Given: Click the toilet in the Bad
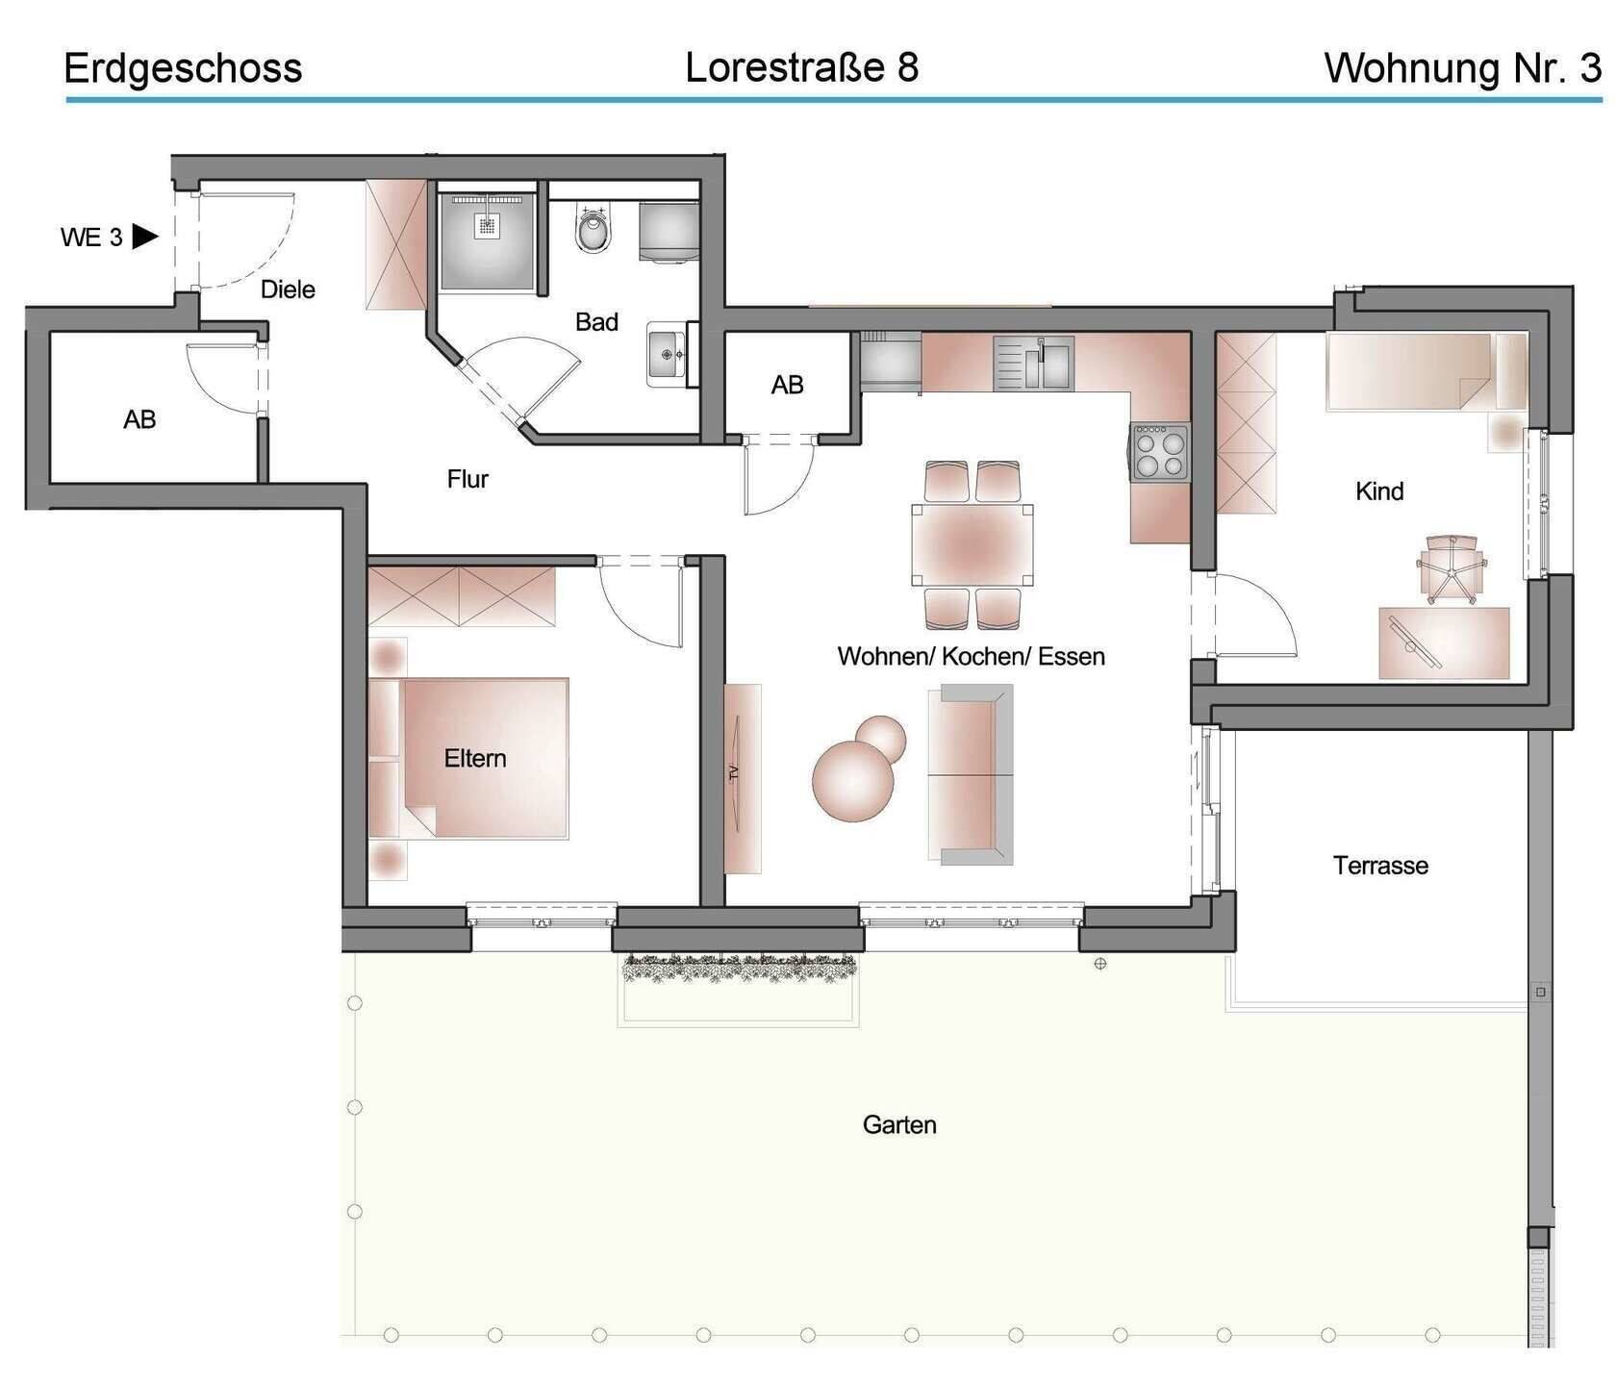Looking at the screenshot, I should coord(593,229).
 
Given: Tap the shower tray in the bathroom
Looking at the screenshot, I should coord(487,240).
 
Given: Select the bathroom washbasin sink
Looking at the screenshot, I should coord(667,354).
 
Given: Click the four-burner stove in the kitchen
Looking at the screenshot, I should coord(1160,452).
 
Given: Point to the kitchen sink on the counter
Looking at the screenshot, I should coord(1034,363).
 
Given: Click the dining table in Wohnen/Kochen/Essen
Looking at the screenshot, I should coord(972,544).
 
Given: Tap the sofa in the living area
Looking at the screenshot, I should coord(971,775).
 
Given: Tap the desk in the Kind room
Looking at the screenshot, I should coord(1444,642).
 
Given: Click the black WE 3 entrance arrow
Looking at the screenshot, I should coord(144,236).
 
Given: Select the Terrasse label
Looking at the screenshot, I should coord(1379,866).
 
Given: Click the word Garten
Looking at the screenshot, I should coord(898,1124).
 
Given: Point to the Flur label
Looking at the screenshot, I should coord(467,479).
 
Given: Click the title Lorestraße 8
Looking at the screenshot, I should coord(801,67).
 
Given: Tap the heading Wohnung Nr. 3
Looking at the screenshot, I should coord(1462,68).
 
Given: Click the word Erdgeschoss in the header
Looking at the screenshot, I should coord(183,68).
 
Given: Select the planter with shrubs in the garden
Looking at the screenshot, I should coord(739,969).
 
